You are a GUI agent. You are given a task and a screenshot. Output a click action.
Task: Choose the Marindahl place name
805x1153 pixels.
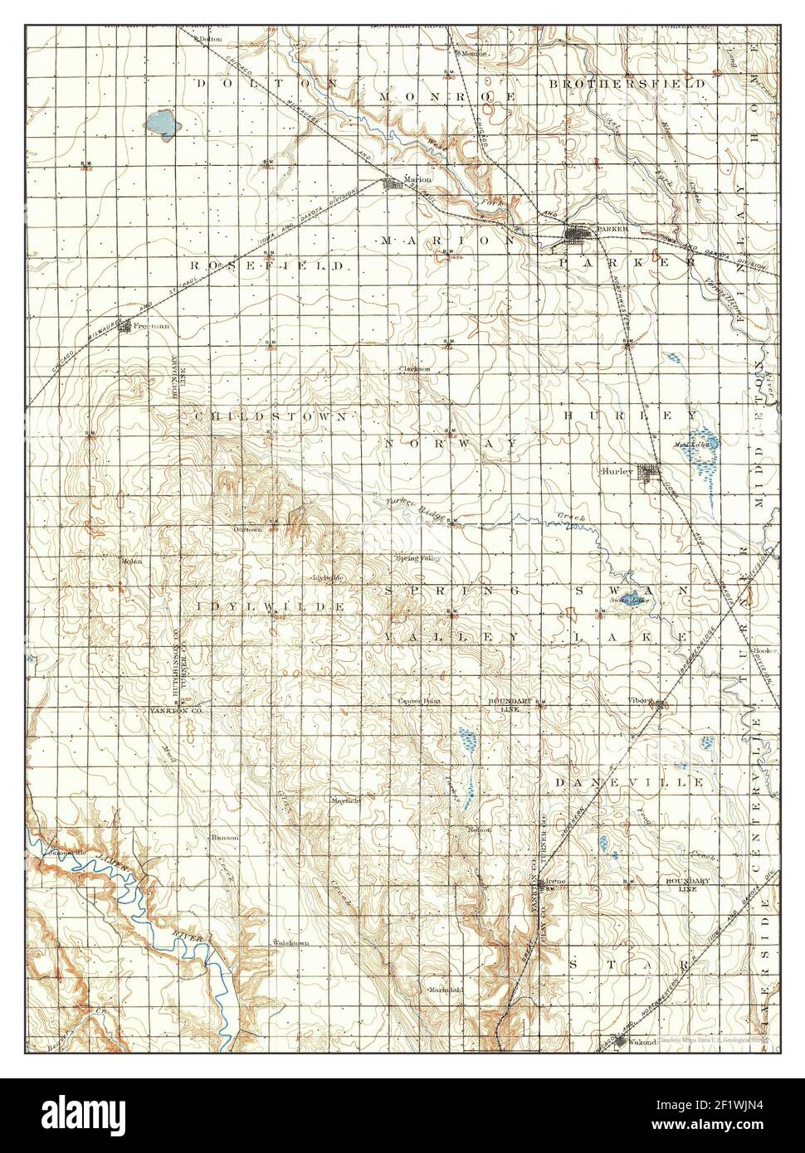pos(445,990)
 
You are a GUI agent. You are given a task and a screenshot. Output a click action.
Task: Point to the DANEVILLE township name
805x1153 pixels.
pos(630,782)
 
